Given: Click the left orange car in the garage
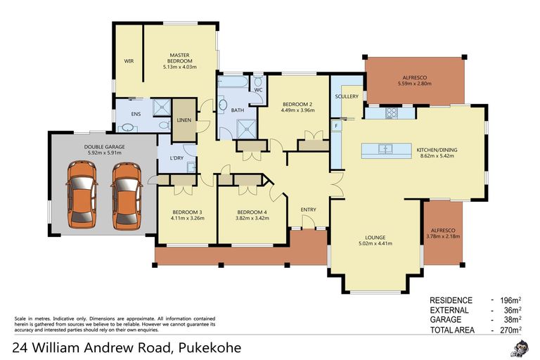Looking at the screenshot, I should (x=82, y=195).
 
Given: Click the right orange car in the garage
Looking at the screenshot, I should (x=127, y=195).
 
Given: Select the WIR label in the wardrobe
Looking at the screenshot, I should (x=129, y=61).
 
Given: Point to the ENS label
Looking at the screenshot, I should (x=136, y=114).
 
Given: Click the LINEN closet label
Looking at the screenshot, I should (x=185, y=120).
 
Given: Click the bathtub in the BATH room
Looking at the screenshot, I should (x=232, y=82).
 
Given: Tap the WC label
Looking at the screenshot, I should (x=258, y=90).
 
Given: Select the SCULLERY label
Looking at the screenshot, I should (x=347, y=96).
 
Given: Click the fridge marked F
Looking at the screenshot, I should (x=336, y=126).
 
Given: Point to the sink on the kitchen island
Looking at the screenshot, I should (x=385, y=148).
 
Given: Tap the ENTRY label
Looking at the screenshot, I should (x=308, y=210).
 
